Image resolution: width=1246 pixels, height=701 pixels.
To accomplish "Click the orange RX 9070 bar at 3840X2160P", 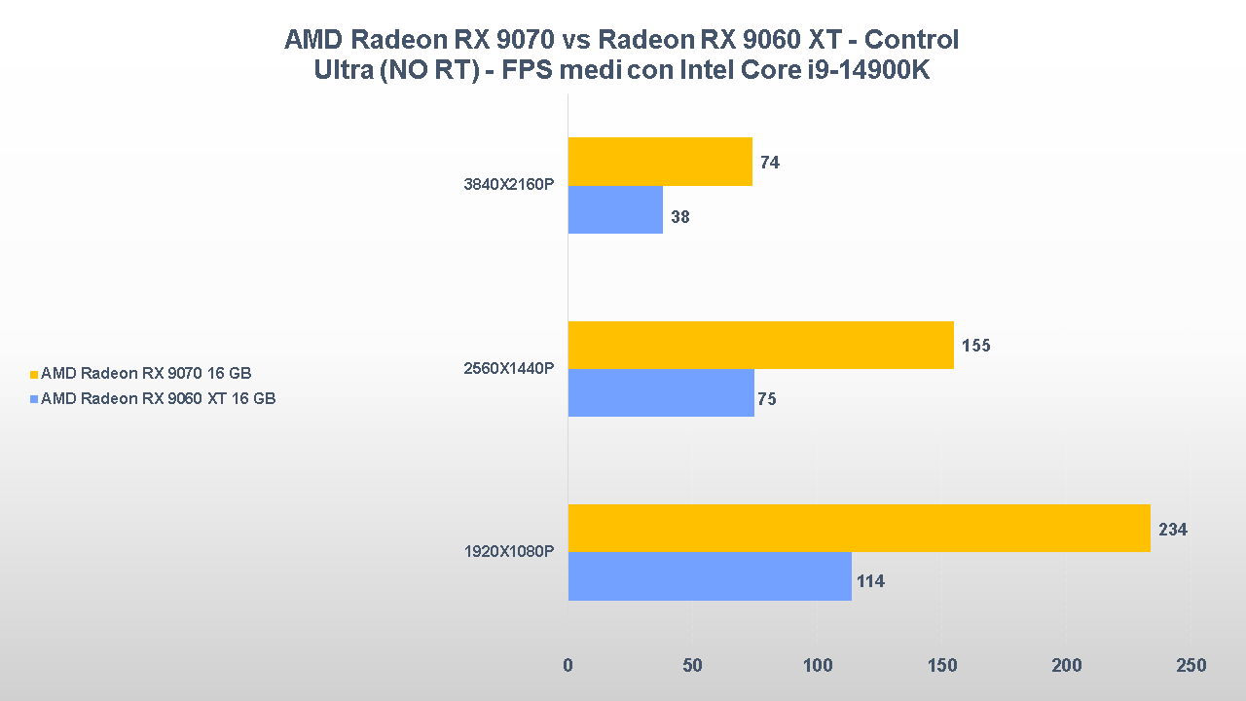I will click(x=660, y=162).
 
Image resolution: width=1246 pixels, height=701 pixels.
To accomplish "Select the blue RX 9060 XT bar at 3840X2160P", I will click(x=615, y=209).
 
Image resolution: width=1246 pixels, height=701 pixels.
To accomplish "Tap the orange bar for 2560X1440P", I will click(x=760, y=345).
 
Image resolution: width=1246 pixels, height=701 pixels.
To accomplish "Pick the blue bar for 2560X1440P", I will click(x=661, y=392).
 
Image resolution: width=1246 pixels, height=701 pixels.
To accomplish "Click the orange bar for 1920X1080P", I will click(x=859, y=528).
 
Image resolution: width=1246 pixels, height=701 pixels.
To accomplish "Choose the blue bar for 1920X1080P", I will click(x=710, y=576).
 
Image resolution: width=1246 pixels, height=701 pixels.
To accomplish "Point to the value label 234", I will click(x=1172, y=530).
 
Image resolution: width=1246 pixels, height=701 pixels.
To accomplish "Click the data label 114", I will click(x=870, y=582).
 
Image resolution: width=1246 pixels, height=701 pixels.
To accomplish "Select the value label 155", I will click(x=975, y=346).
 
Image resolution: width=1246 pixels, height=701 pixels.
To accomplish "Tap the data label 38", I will click(x=680, y=217).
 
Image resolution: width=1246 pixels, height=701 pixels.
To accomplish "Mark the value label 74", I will click(x=770, y=163).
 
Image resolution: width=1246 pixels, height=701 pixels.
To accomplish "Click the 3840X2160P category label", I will click(x=509, y=186).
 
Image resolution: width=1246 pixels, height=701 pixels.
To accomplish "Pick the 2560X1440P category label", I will click(x=509, y=369).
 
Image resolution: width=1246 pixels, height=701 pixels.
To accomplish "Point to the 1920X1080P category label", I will click(x=509, y=552).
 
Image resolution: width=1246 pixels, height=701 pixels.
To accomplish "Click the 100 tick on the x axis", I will click(x=818, y=666).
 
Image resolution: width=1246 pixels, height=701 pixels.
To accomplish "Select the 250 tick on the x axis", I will click(x=1191, y=666).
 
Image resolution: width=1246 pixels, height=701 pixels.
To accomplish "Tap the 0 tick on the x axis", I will click(x=568, y=666).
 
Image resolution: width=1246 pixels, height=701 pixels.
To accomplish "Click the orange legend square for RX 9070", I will click(x=34, y=374).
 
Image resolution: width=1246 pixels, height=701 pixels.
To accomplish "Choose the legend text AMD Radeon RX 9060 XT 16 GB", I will click(x=159, y=398).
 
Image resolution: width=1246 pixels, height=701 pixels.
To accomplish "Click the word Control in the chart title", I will click(x=911, y=40).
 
